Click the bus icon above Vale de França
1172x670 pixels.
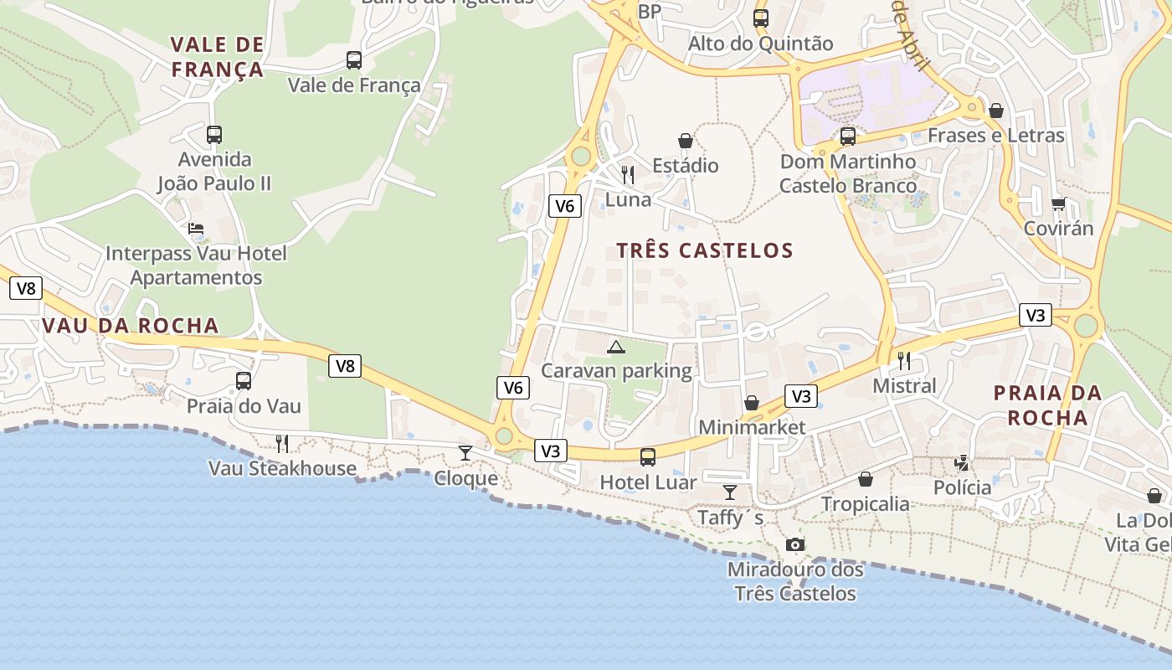[x=354, y=60]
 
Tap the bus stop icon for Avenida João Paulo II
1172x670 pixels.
[x=214, y=134]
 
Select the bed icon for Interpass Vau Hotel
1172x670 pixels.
[x=196, y=228]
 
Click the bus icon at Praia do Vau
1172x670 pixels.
[x=244, y=381]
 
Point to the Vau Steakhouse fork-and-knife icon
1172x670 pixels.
[x=282, y=443]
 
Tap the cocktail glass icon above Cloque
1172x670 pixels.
[x=465, y=453]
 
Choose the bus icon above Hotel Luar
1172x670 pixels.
[x=648, y=457]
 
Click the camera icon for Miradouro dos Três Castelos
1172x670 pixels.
[x=795, y=545]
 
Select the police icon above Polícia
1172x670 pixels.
[x=963, y=462]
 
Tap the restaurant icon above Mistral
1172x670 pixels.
[x=904, y=361]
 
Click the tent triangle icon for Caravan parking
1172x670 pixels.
[x=616, y=347]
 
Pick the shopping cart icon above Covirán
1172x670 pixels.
[x=1058, y=204]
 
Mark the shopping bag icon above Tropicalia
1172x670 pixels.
[x=866, y=479]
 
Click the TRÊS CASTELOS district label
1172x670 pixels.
[x=705, y=250]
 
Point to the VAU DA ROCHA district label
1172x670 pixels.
[x=130, y=326]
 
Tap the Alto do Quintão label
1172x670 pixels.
[x=760, y=44]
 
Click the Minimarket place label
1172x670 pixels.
[x=752, y=427]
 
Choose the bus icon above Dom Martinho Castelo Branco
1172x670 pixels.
[x=848, y=136]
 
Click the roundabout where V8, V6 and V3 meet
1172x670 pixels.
[x=503, y=435]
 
